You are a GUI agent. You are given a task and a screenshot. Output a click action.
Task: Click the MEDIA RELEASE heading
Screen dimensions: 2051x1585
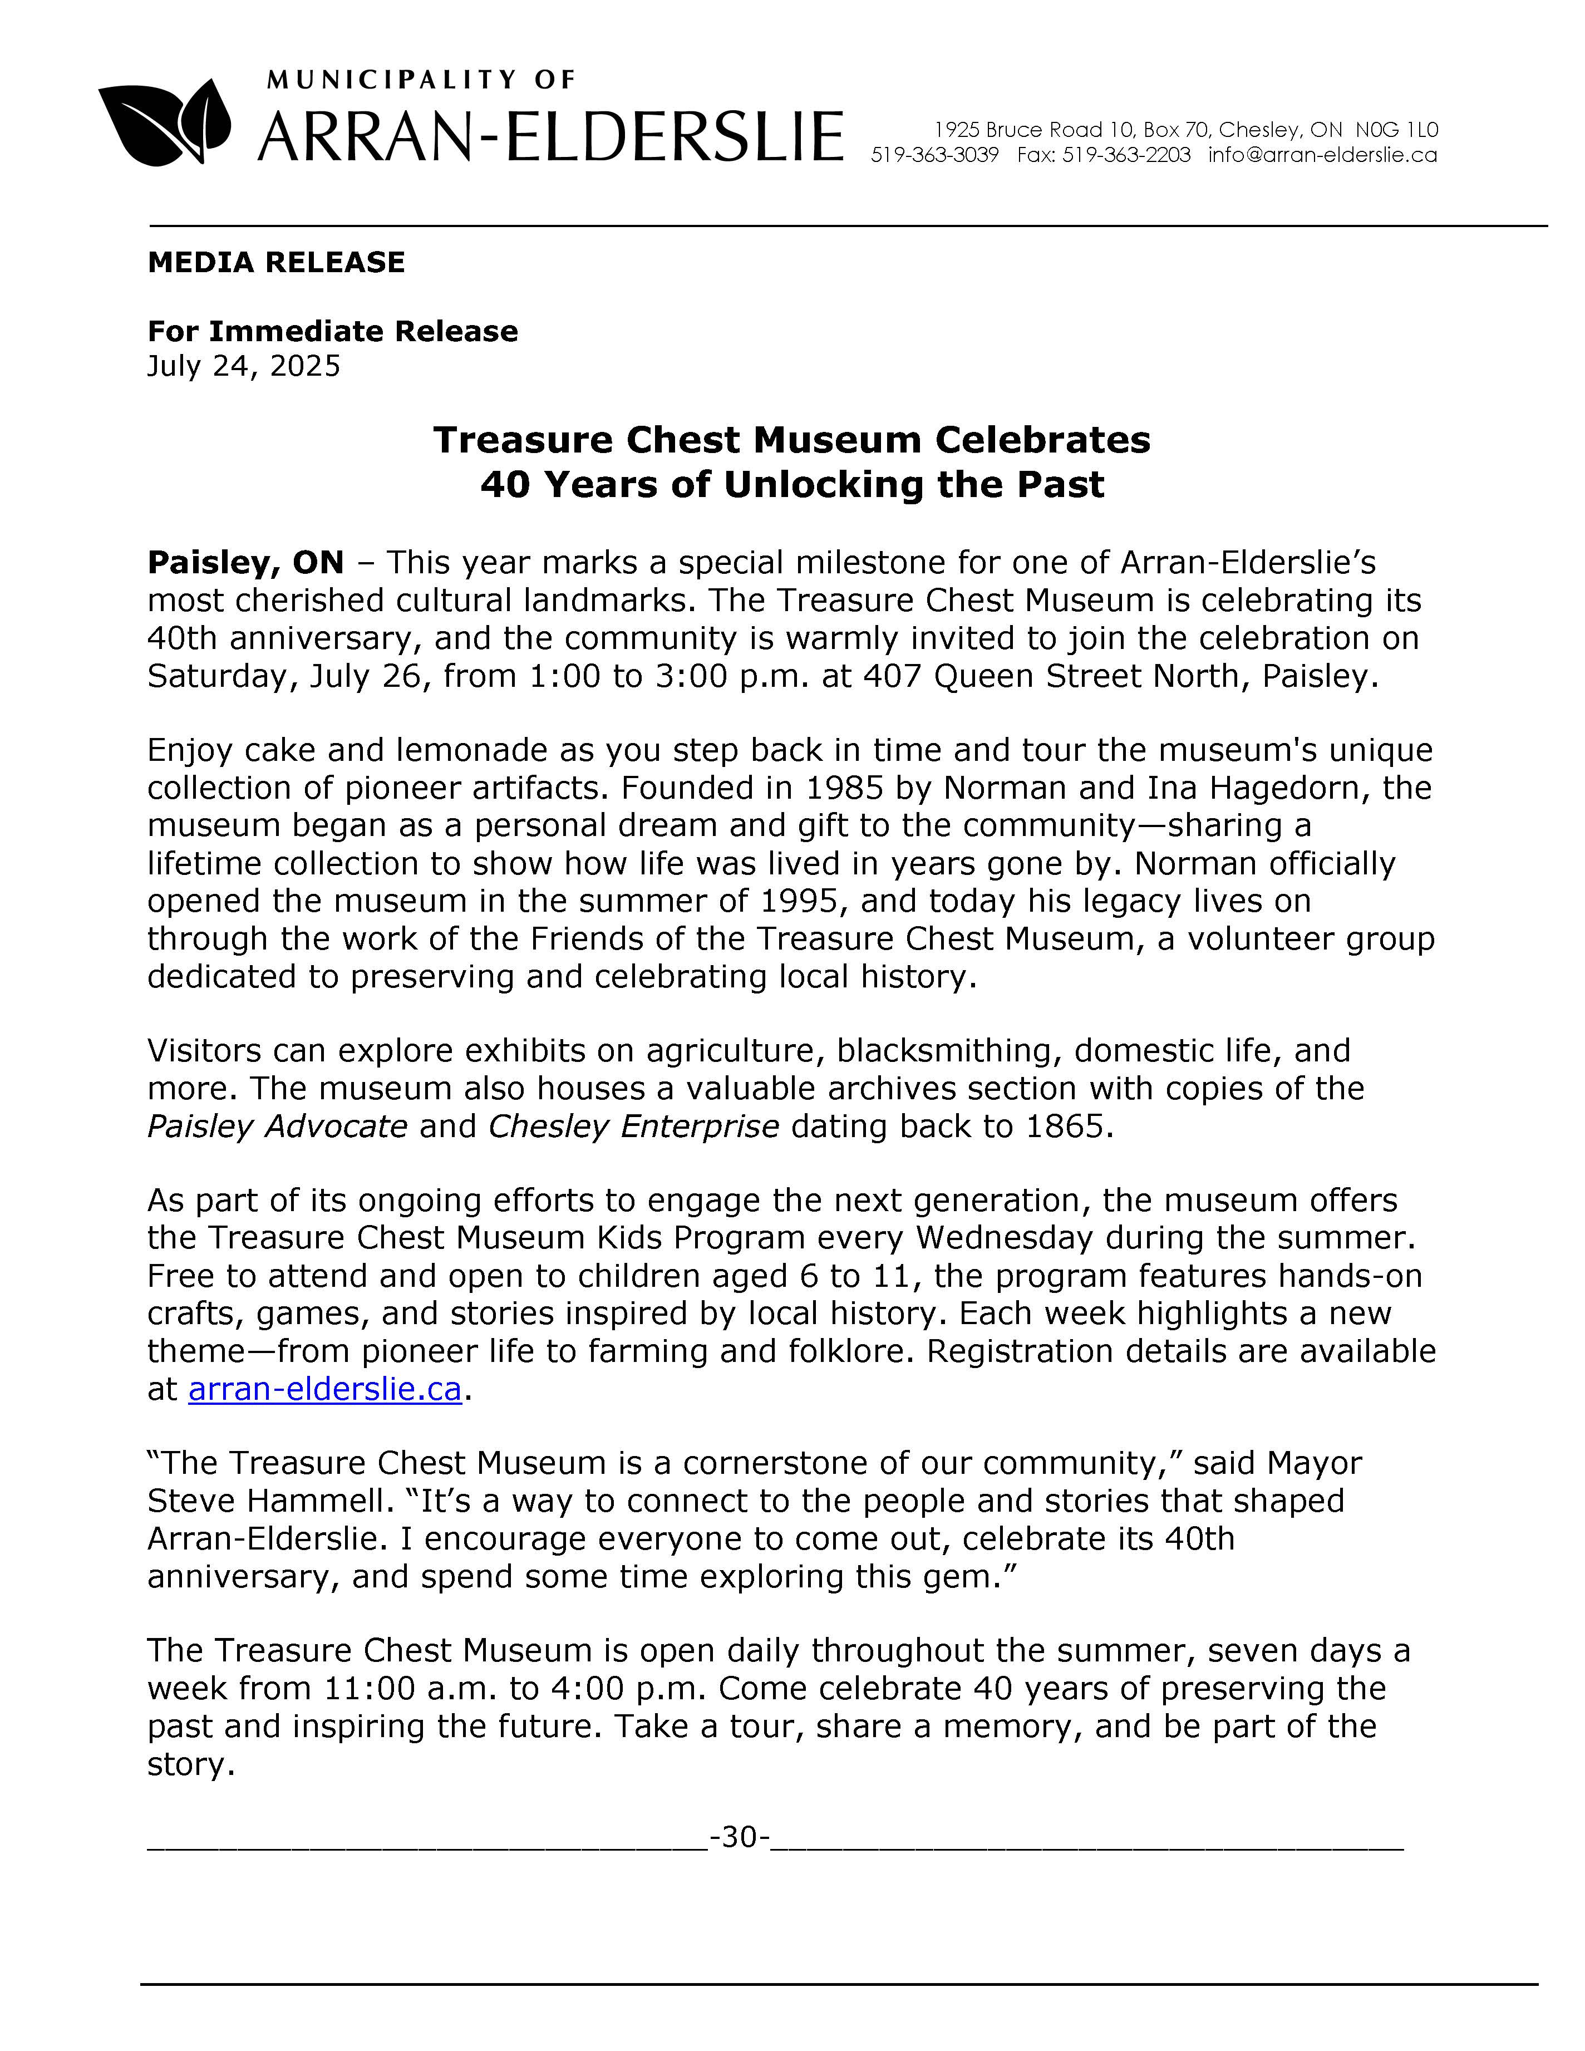pos(276,262)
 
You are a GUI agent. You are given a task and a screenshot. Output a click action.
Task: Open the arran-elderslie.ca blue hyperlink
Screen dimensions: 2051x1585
pos(325,1389)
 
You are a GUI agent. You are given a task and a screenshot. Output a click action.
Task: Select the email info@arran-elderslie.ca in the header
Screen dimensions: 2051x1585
pos(1322,155)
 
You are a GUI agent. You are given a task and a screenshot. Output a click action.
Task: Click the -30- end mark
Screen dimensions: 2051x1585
pos(741,1836)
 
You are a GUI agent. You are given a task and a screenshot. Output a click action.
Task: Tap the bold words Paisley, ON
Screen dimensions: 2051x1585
pos(245,563)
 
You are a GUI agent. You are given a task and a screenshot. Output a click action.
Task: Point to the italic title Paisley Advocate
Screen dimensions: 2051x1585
pos(277,1126)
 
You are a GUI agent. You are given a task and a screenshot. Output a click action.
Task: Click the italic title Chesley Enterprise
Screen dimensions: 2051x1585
pos(634,1126)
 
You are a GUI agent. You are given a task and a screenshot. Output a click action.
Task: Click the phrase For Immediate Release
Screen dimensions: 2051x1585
pos(332,332)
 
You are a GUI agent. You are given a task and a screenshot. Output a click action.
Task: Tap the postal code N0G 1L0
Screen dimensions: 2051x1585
pos(1397,130)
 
